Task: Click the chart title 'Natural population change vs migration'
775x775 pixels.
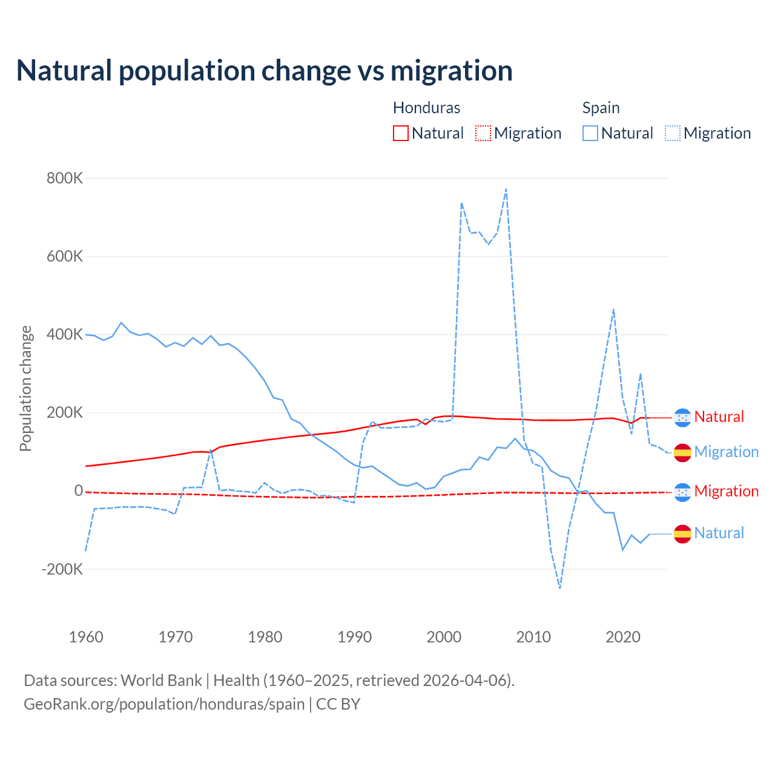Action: (265, 71)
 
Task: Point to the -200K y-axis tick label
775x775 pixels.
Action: (62, 569)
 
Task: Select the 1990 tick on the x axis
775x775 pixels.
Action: (355, 637)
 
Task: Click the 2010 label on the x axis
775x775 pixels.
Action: (533, 637)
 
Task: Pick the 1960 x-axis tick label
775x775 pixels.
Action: (86, 637)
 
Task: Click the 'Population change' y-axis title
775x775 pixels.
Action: (25, 388)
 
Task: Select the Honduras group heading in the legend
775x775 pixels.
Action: (426, 108)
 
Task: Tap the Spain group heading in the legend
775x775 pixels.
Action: (601, 108)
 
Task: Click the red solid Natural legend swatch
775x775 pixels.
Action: (401, 133)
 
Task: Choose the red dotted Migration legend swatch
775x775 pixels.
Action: (483, 133)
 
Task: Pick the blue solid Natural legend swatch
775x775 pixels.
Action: (590, 133)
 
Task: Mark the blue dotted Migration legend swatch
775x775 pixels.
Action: (673, 133)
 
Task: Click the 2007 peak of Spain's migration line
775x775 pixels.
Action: (506, 190)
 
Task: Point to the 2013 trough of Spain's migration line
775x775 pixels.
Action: (560, 588)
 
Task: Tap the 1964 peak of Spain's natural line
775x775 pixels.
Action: (122, 323)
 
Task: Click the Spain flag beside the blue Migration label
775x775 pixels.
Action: (682, 452)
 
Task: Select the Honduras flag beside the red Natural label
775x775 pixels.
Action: (682, 417)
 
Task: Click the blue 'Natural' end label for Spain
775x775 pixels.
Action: (719, 533)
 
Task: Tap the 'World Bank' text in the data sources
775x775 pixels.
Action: (161, 681)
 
